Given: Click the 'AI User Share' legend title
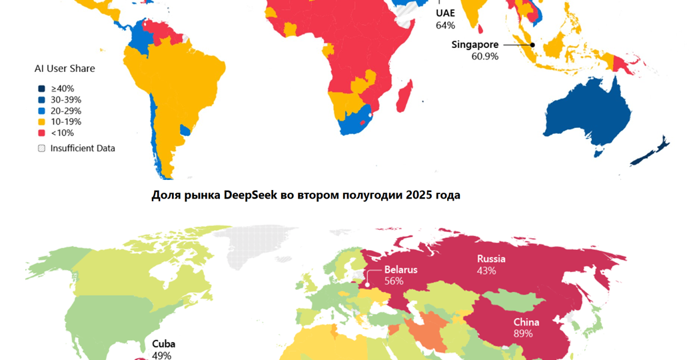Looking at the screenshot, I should (x=65, y=69).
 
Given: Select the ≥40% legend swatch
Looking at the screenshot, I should (x=41, y=89).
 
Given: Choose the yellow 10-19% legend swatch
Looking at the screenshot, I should (x=41, y=122).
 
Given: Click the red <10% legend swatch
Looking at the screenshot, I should (x=41, y=133).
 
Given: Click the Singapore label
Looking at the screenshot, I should (x=474, y=45).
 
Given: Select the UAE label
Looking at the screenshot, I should (x=446, y=13).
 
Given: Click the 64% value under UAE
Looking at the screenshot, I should (x=445, y=25).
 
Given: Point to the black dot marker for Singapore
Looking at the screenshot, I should (x=532, y=45).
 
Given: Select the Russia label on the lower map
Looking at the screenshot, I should (x=491, y=259).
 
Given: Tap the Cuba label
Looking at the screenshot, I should (x=163, y=343).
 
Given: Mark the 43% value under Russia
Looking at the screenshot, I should (x=486, y=271).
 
